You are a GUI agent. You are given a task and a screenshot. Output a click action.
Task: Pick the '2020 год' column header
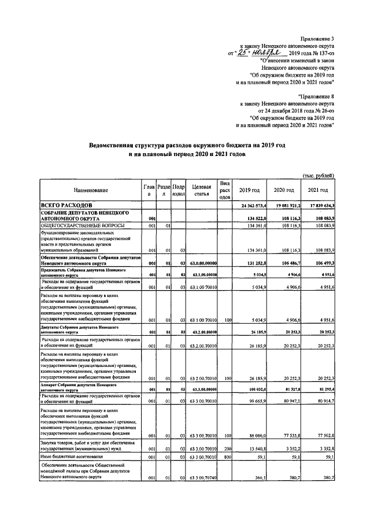(283, 191)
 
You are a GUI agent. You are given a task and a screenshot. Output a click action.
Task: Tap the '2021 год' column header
(317, 191)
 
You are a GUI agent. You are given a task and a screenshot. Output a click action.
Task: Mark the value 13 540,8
(255, 447)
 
